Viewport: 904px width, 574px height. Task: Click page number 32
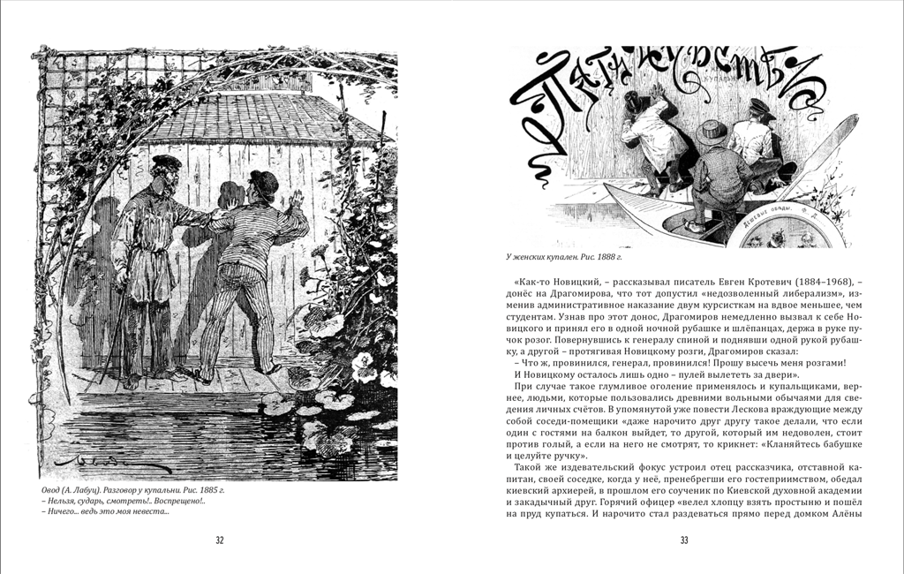click(x=220, y=540)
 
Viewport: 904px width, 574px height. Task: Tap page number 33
click(x=683, y=540)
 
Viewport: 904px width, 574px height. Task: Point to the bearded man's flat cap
click(x=166, y=162)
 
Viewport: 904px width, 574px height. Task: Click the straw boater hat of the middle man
click(x=711, y=132)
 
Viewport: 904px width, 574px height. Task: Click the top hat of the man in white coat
click(x=632, y=99)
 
